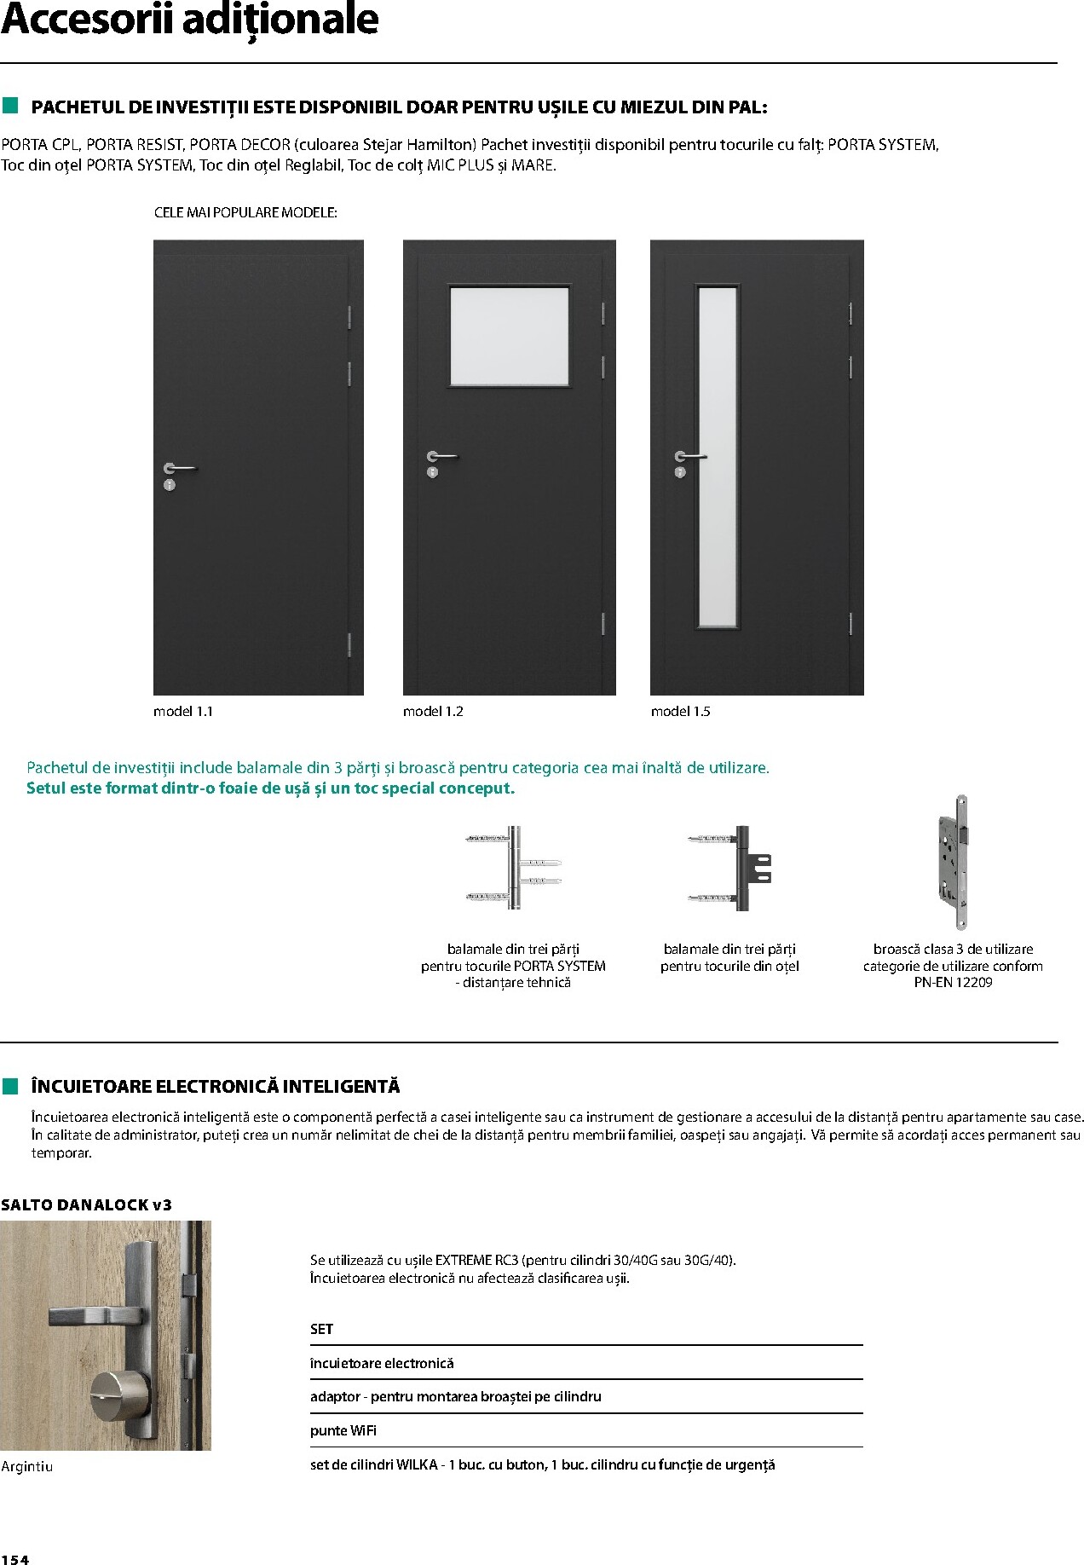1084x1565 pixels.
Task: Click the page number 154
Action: pyautogui.click(x=15, y=1559)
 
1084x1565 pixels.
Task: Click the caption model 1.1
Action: pyautogui.click(x=182, y=711)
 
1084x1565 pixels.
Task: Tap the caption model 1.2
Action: pyautogui.click(x=433, y=711)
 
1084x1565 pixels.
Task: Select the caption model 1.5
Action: pyautogui.click(x=680, y=711)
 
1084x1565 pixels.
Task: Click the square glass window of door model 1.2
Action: pyautogui.click(x=510, y=336)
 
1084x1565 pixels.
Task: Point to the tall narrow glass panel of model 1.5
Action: pyautogui.click(x=717, y=457)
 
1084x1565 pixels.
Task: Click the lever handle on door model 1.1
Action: pyautogui.click(x=180, y=468)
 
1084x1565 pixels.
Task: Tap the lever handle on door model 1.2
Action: pyautogui.click(x=442, y=457)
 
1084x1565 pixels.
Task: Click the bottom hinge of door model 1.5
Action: pyautogui.click(x=850, y=623)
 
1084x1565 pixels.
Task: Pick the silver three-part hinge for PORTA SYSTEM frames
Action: pyautogui.click(x=514, y=868)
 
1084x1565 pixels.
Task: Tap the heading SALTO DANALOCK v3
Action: pyautogui.click(x=86, y=1204)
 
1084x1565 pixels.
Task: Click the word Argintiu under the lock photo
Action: pyautogui.click(x=27, y=1466)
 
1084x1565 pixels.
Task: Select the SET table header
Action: pyautogui.click(x=321, y=1329)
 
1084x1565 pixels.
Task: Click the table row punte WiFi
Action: pyautogui.click(x=343, y=1430)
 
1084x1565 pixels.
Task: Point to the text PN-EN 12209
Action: pyautogui.click(x=953, y=982)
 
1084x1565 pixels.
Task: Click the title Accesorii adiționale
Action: pyautogui.click(x=189, y=20)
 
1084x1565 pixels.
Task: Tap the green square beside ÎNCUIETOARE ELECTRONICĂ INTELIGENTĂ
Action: pyautogui.click(x=9, y=1086)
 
